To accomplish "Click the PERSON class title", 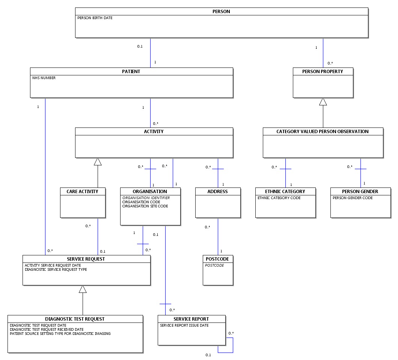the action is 221,11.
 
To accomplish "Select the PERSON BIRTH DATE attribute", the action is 95,18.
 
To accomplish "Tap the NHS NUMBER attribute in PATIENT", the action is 44,78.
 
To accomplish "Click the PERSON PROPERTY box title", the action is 323,72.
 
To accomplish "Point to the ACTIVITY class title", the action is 154,131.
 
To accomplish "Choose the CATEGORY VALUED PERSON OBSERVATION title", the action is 323,131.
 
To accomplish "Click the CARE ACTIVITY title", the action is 82,191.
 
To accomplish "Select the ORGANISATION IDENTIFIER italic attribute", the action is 146,198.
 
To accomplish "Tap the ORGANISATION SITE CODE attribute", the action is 145,206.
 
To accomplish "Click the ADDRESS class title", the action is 217,191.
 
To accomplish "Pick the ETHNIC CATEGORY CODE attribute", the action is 279,198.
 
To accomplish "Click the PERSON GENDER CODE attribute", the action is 353,198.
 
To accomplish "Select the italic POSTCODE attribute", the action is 214,265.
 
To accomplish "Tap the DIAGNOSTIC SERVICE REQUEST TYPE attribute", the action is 56,270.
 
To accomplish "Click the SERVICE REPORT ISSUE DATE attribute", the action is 184,325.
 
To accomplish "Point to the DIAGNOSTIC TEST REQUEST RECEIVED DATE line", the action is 47,330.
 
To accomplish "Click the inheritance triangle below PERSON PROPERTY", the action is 323,102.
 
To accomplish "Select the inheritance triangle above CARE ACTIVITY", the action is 98,162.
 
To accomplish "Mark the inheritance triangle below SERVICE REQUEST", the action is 83,289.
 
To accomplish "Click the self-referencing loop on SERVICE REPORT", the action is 233,345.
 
